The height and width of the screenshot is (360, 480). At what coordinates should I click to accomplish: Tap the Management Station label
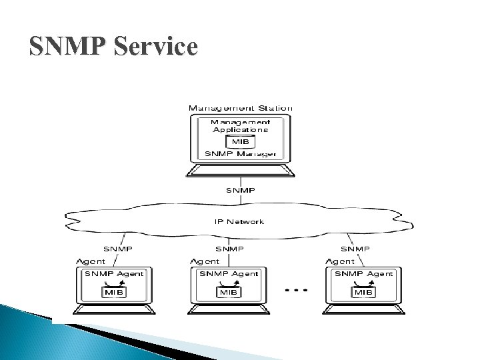241,108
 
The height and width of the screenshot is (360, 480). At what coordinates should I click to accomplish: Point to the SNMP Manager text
241,154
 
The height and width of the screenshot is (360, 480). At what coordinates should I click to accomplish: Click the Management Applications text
241,125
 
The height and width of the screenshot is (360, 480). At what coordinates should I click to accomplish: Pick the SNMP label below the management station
241,191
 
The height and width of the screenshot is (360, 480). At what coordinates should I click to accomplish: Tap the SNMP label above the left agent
117,248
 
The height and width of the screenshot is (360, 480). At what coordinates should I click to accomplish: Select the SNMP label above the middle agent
229,248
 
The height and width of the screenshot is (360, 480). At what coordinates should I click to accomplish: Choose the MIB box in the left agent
111,291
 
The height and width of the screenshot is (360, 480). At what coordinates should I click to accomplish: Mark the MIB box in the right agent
363,291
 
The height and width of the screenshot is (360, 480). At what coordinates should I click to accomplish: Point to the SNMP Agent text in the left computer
113,273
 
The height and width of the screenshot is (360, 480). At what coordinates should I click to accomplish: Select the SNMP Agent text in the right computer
363,273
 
